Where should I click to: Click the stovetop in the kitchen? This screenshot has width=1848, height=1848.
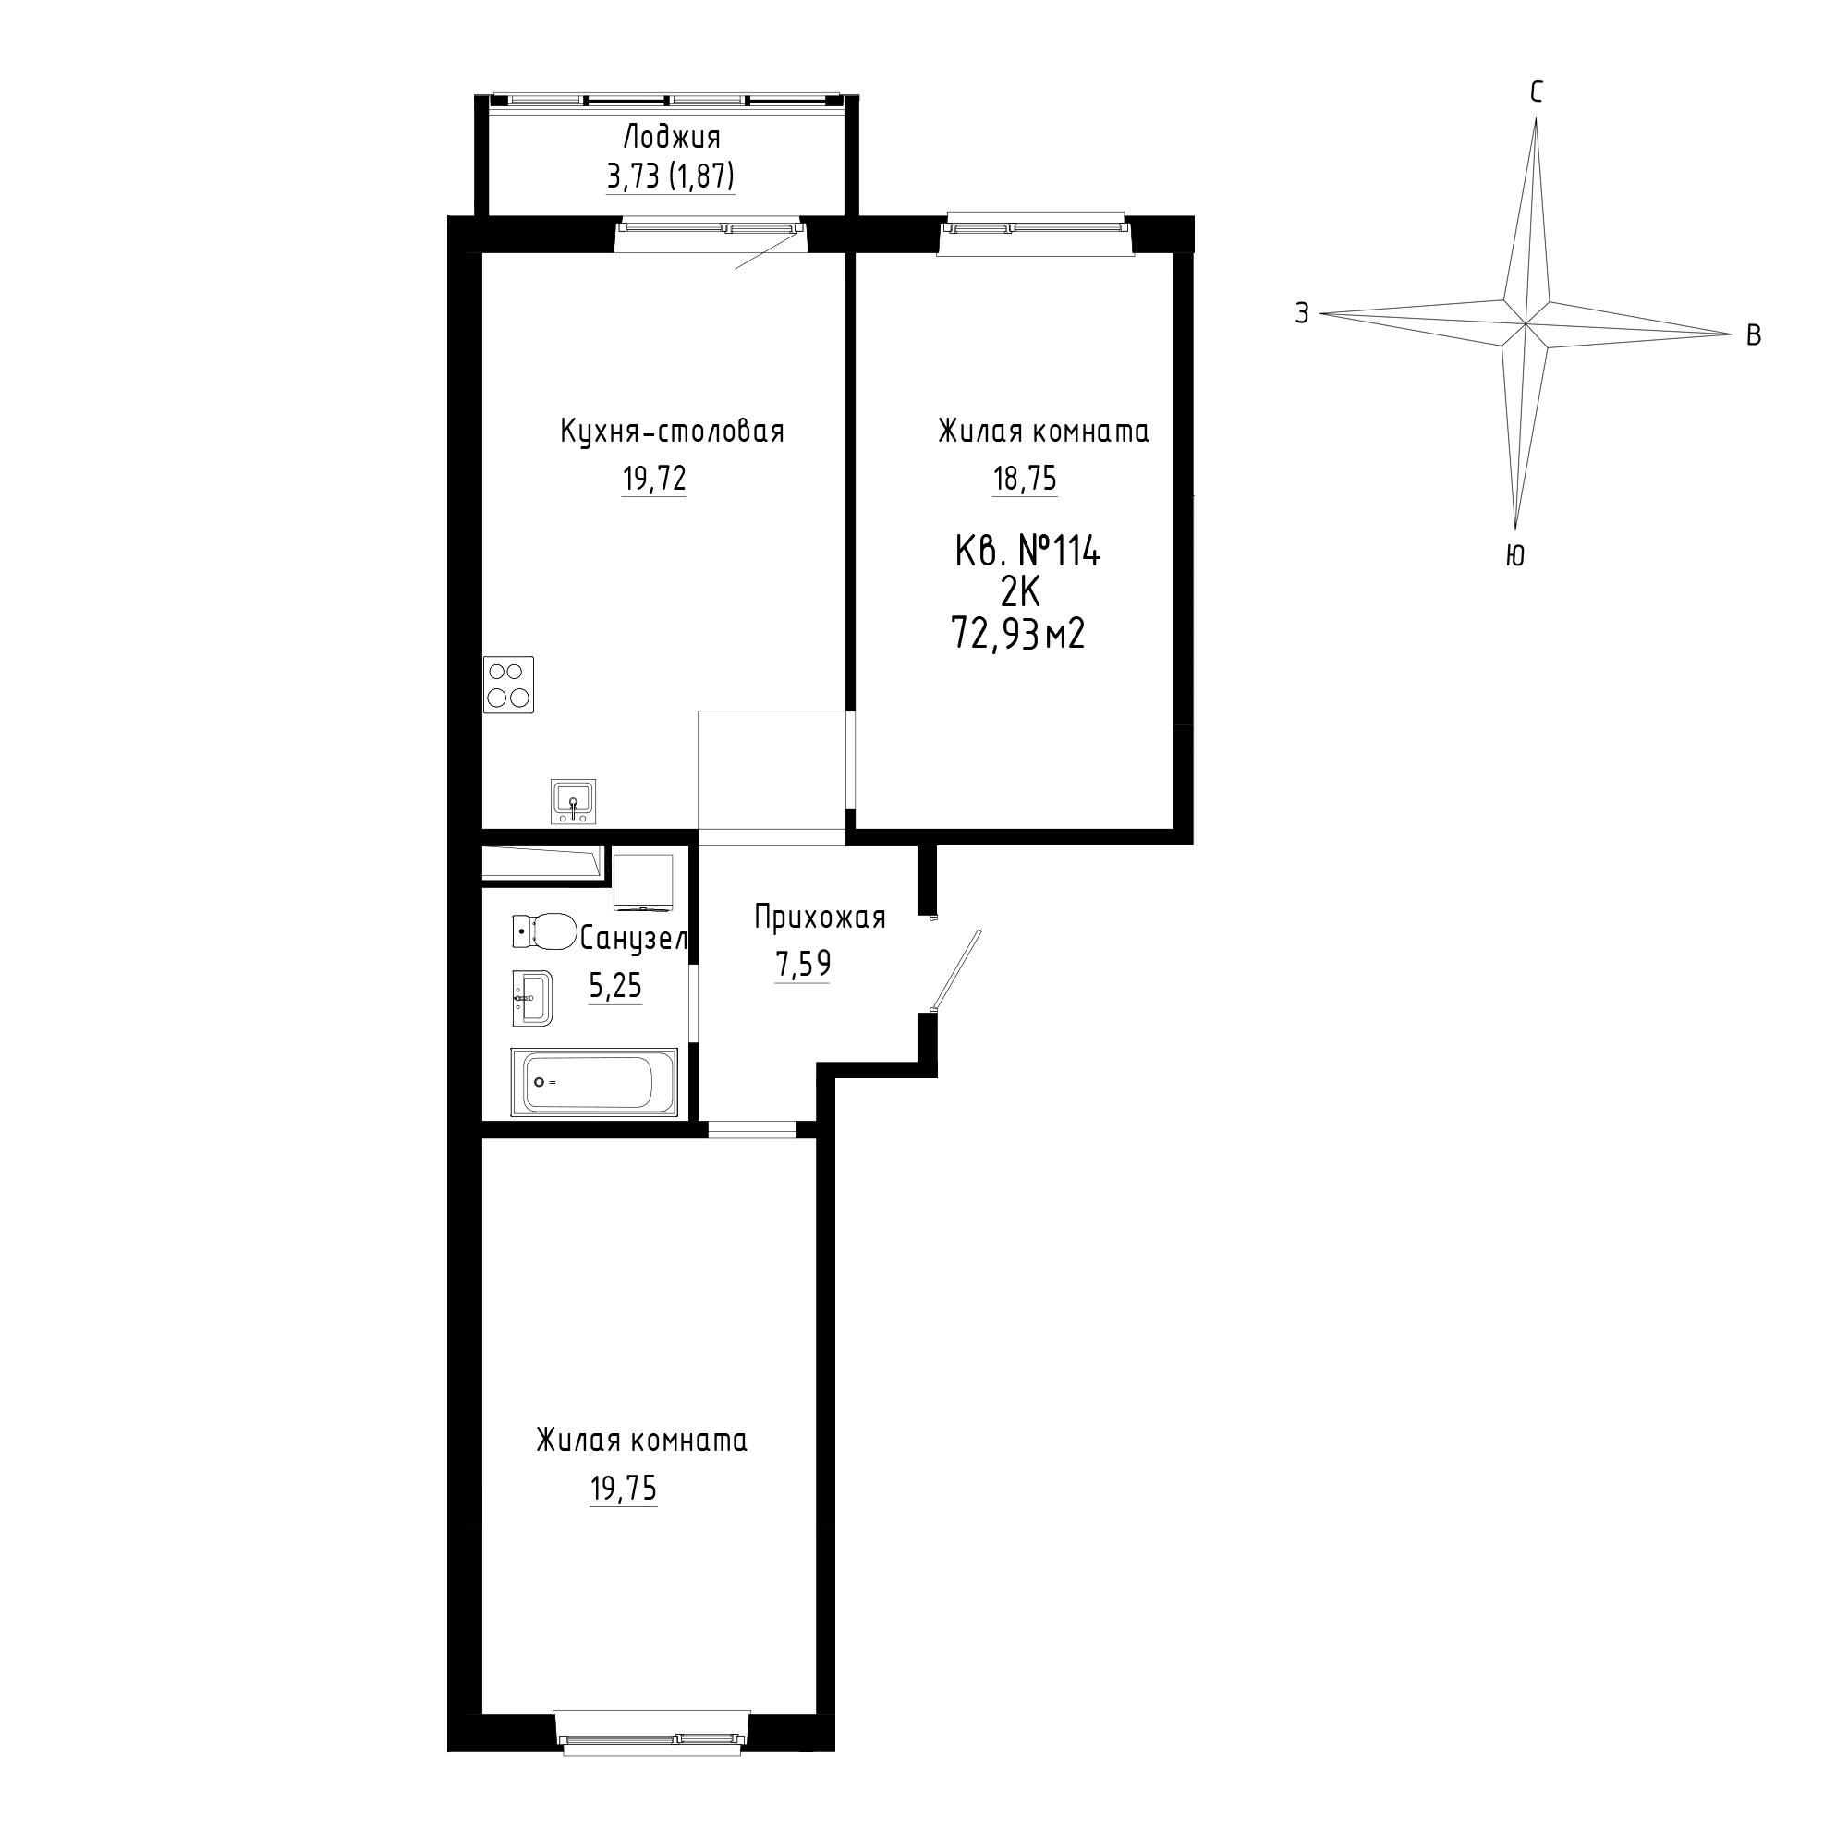509,684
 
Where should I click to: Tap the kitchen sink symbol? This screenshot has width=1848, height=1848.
573,800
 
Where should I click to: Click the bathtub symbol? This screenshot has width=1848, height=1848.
594,1082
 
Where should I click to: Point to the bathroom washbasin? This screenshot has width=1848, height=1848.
532,999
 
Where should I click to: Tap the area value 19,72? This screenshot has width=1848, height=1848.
654,479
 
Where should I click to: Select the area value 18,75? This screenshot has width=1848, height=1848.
1025,479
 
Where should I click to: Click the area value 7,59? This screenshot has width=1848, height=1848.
803,964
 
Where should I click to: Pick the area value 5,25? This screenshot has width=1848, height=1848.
615,985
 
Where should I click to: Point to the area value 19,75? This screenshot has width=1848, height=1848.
624,1489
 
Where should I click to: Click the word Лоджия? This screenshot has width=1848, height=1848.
671,139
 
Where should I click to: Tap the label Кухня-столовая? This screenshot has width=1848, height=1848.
673,432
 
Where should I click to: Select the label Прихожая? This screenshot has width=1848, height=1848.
820,918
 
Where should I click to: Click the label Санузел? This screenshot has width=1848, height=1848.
633,941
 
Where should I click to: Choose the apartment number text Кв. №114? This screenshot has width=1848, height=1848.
1028,552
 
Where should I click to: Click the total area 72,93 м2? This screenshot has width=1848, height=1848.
1017,633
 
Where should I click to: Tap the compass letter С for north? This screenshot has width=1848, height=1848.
1537,92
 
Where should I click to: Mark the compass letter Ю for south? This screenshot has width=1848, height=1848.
1515,555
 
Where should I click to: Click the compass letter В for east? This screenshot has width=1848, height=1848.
1754,335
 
